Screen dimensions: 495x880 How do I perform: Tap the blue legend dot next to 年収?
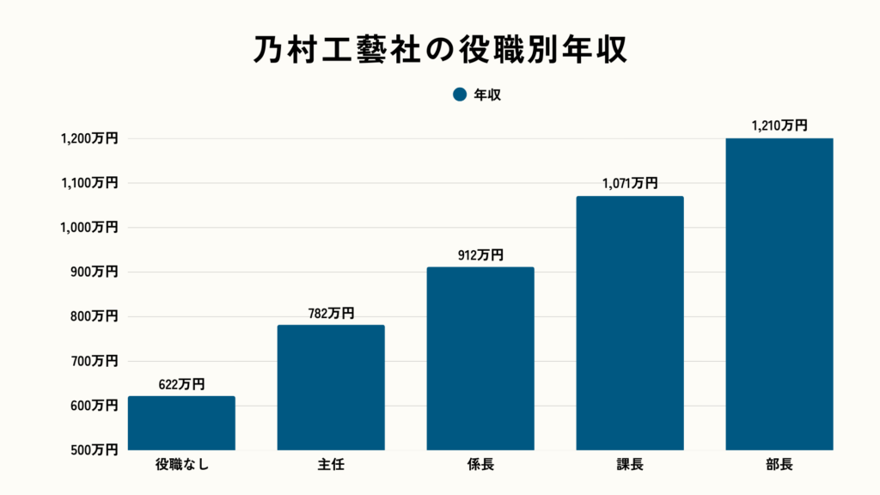click(460, 95)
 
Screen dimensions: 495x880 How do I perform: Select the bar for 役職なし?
click(181, 423)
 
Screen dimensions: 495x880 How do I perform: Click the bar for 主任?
click(331, 387)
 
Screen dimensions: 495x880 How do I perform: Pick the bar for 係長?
click(480, 358)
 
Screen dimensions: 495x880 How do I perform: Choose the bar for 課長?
click(630, 323)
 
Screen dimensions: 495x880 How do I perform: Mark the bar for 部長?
click(779, 294)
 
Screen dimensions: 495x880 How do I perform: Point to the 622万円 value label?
click(181, 385)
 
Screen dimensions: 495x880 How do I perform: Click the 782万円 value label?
click(331, 314)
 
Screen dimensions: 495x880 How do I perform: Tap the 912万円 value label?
click(480, 255)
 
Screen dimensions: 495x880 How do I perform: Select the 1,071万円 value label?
click(630, 184)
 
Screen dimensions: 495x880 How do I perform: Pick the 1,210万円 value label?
click(779, 125)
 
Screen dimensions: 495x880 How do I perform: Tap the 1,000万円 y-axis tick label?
click(89, 227)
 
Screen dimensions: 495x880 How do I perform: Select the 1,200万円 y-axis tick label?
click(89, 138)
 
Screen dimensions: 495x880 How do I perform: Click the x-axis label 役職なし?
click(181, 467)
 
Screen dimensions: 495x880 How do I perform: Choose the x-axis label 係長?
click(480, 467)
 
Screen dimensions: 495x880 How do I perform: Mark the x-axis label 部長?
click(779, 467)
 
